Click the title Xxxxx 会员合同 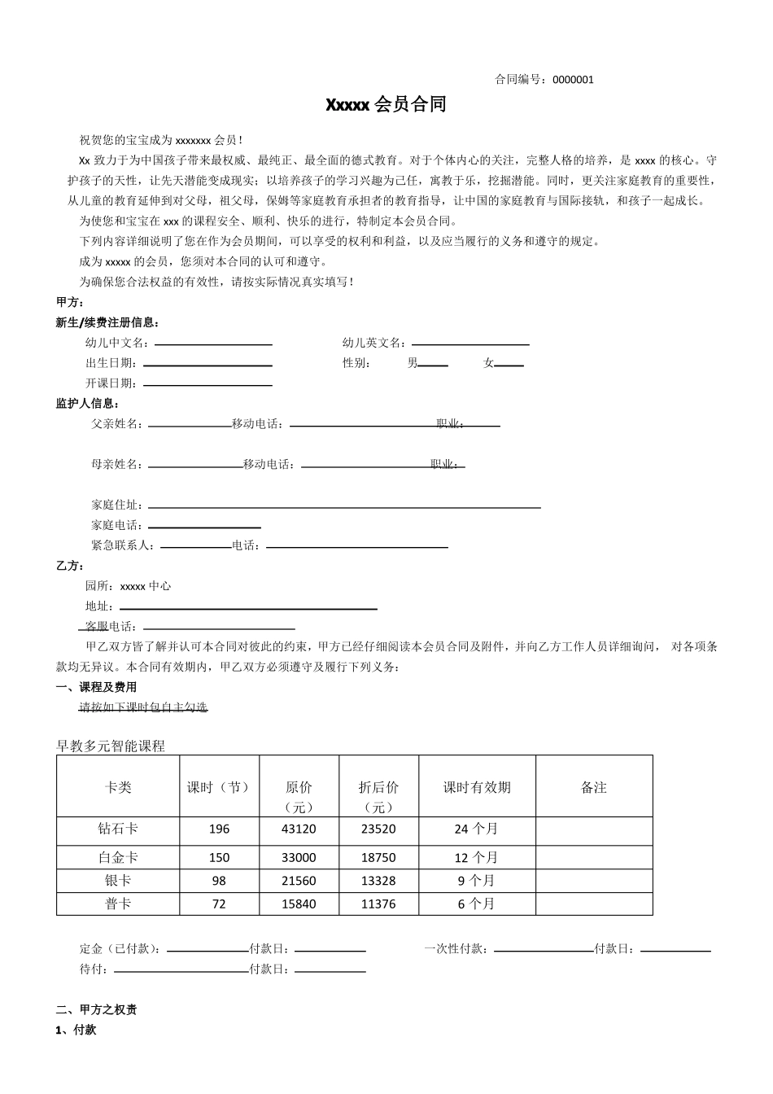(x=386, y=105)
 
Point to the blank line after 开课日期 (x=207, y=384)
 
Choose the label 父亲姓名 (x=116, y=424)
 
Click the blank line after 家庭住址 (x=343, y=506)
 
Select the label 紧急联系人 (x=122, y=545)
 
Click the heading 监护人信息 (x=88, y=404)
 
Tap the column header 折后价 (x=378, y=788)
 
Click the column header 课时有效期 (x=477, y=788)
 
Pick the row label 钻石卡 (x=118, y=829)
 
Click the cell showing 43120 (x=299, y=829)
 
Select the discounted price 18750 (x=378, y=858)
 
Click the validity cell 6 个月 (x=477, y=904)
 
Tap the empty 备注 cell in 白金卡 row (x=594, y=857)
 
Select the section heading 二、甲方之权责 (x=96, y=1010)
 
